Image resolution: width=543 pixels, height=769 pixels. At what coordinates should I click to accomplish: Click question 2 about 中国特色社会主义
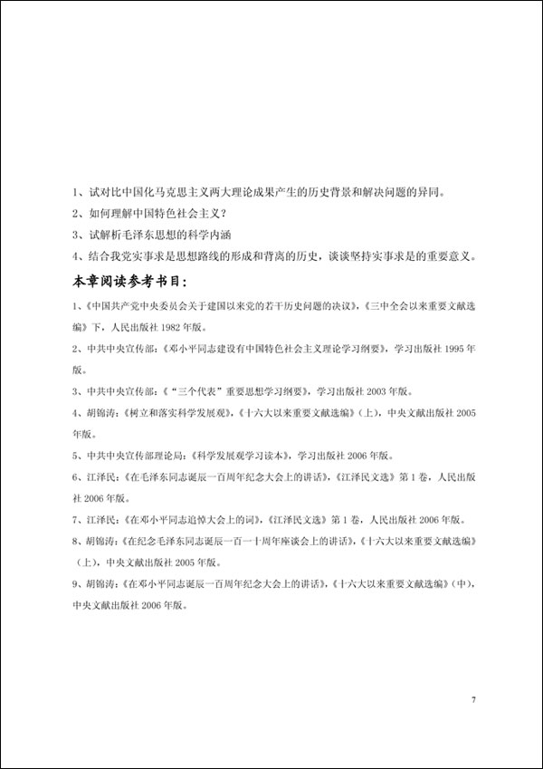tap(148, 214)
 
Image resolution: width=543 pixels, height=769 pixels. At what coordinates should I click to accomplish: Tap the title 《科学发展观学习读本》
tap(241, 456)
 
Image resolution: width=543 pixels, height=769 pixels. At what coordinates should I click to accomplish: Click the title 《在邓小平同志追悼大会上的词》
tap(204, 520)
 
